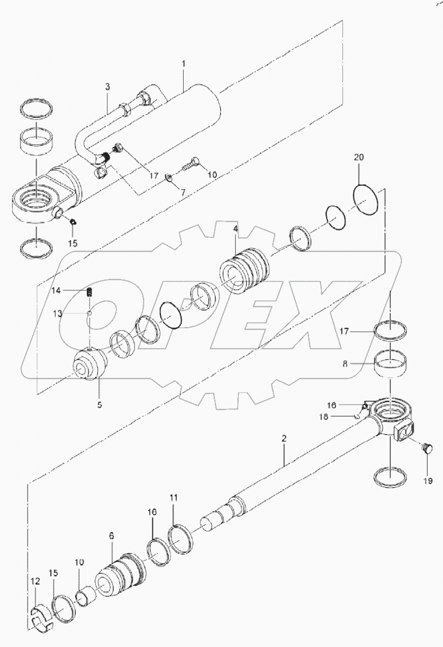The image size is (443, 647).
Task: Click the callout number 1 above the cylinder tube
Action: point(184,64)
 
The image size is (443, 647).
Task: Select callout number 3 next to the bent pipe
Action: point(107,87)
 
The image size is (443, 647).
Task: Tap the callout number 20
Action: point(359,158)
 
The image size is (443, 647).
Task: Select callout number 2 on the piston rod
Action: point(284,439)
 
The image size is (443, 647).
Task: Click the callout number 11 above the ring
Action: point(174,498)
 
